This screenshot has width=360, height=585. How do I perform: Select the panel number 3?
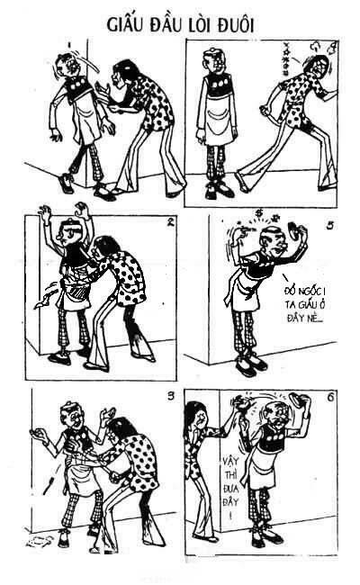click(x=170, y=396)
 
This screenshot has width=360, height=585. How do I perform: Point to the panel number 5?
click(x=329, y=226)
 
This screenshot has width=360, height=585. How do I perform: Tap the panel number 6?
click(x=330, y=398)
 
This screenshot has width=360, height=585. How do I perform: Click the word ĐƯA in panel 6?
click(x=230, y=489)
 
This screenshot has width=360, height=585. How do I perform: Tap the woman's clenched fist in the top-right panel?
click(x=264, y=111)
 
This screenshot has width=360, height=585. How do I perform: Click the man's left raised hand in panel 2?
click(x=46, y=214)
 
